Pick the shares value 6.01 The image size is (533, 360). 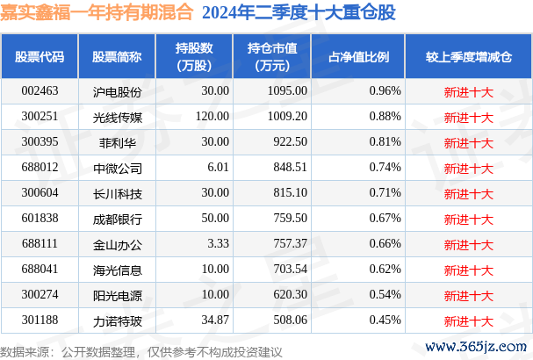point(216,167)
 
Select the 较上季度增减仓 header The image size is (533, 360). point(468,56)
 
